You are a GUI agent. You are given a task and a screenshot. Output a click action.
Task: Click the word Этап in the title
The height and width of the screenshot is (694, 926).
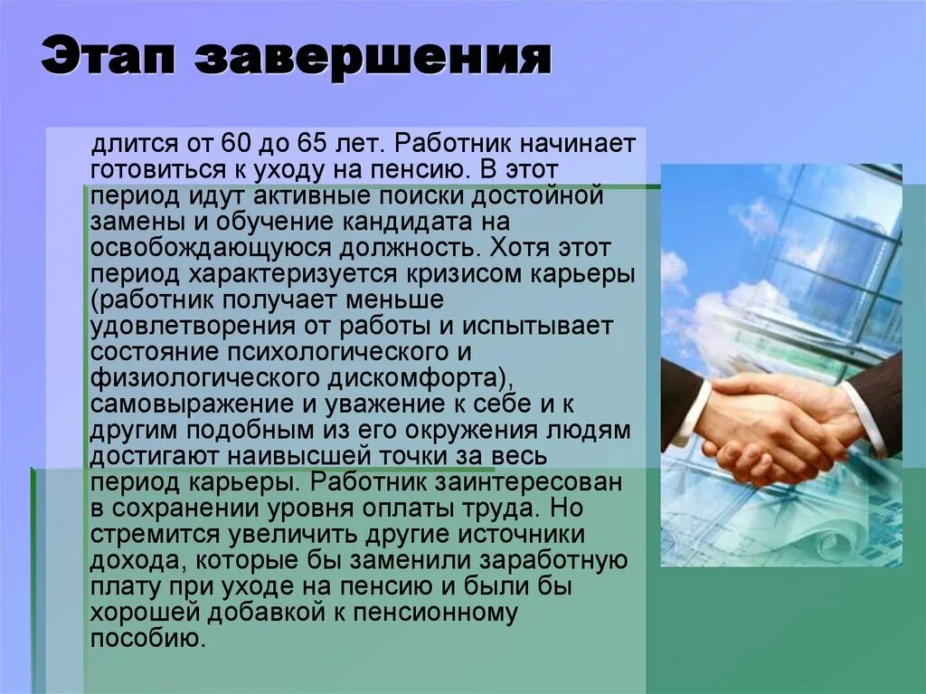pos(108,58)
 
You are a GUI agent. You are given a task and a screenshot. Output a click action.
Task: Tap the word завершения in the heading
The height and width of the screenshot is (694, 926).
pos(373,60)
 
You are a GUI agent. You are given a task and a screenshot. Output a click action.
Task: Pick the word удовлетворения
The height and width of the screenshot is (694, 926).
pos(179,325)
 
